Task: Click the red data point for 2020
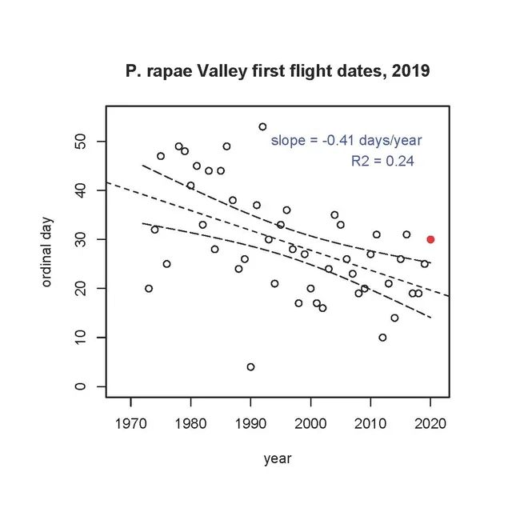[x=430, y=239]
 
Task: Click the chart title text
[x=278, y=71]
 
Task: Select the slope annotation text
[x=346, y=141]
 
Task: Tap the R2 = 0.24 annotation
[x=382, y=162]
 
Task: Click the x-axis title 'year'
[x=278, y=458]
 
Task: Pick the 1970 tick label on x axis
[x=130, y=422]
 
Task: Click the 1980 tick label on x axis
[x=190, y=422]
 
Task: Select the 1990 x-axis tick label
[x=250, y=422]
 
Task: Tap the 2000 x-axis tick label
[x=310, y=422]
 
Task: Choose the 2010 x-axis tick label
[x=370, y=422]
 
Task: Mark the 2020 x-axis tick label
[x=430, y=422]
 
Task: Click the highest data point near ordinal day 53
[x=262, y=126]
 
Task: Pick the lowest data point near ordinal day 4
[x=250, y=366]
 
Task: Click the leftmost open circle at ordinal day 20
[x=149, y=288]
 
